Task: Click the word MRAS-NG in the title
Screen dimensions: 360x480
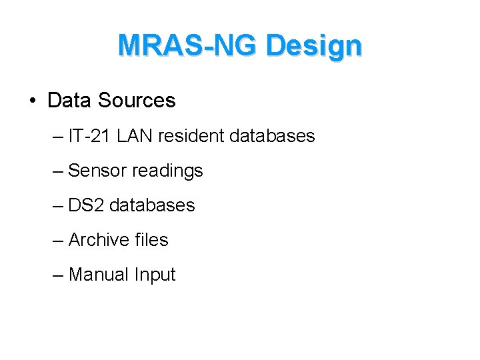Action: (x=187, y=46)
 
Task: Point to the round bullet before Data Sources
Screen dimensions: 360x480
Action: (x=32, y=101)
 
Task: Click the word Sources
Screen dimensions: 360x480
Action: (x=136, y=101)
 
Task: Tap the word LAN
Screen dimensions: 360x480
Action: (x=133, y=136)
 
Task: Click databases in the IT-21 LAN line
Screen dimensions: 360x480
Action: (x=271, y=136)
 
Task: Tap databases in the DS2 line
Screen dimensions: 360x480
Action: (x=152, y=205)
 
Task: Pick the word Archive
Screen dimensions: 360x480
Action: (x=99, y=240)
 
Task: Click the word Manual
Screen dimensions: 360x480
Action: (x=99, y=275)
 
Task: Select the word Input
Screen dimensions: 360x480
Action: (x=155, y=275)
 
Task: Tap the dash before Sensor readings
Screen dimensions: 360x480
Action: (x=59, y=171)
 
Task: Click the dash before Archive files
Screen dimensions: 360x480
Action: (x=59, y=241)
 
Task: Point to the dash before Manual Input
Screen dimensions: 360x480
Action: (x=59, y=275)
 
